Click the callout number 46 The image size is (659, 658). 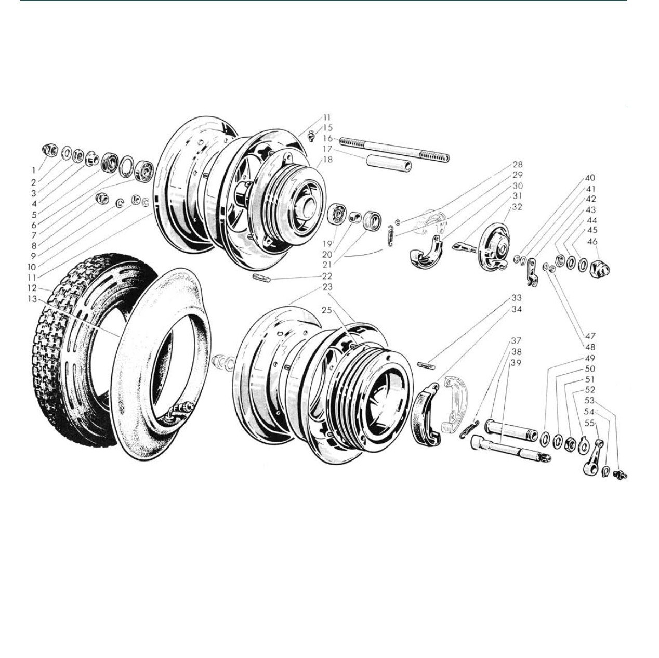point(591,242)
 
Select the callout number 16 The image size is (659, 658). point(327,139)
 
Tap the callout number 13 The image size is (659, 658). point(32,299)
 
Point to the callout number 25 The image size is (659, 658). point(327,310)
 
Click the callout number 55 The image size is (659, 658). point(589,423)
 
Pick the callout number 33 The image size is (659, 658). point(517,297)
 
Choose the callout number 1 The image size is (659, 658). point(33,170)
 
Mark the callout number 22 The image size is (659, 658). point(327,276)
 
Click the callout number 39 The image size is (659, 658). point(516,363)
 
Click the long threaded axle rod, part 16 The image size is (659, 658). point(394,150)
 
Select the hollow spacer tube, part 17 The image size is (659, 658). point(389,162)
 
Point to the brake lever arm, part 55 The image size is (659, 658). point(592,457)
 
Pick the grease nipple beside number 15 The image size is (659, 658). point(311,136)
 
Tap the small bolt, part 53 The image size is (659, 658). point(621,474)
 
